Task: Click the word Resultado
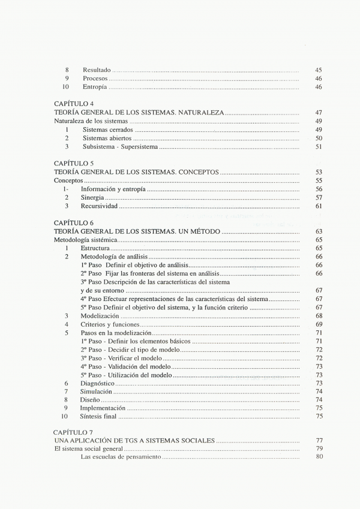click(x=97, y=70)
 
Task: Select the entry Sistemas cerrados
click(x=108, y=129)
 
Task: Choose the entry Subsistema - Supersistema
click(x=120, y=146)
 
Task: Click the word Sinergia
click(x=93, y=197)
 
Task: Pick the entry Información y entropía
click(x=113, y=189)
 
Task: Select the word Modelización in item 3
click(x=100, y=315)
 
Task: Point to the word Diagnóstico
click(x=97, y=382)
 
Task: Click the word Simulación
click(x=96, y=391)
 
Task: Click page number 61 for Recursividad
click(x=319, y=206)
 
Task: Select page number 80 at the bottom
click(x=319, y=457)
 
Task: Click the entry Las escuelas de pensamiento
click(x=121, y=457)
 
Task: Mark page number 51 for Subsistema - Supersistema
click(x=319, y=146)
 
